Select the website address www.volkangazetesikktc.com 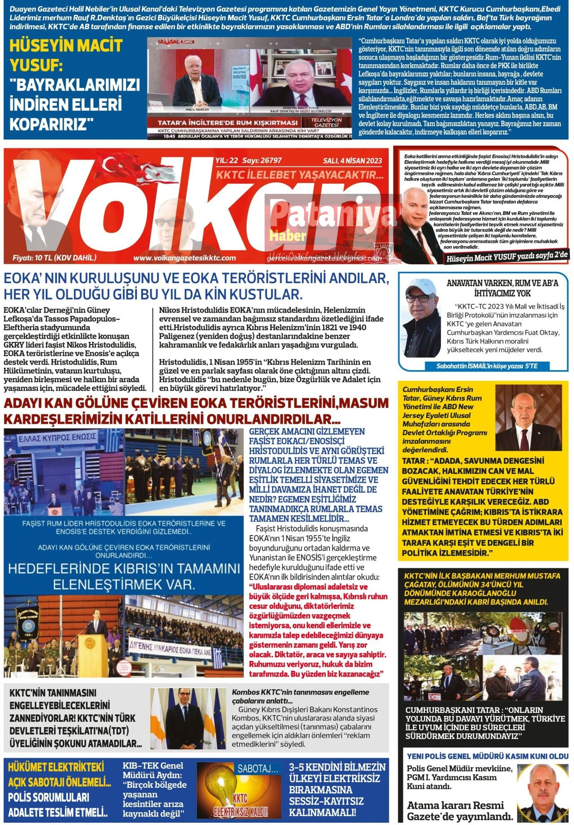[x=184, y=258]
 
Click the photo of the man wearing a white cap [x=422, y=310]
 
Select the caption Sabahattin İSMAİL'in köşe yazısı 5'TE [x=487, y=366]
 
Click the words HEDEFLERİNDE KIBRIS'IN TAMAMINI [x=124, y=569]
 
